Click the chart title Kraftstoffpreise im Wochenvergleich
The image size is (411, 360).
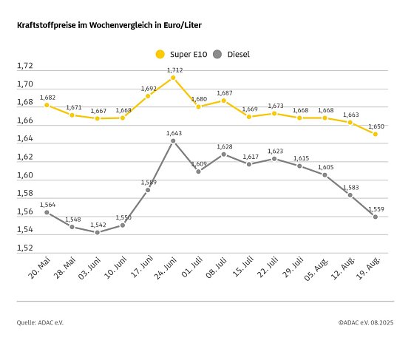(109, 25)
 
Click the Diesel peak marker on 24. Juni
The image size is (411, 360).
(173, 141)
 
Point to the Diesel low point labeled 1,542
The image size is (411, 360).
(97, 232)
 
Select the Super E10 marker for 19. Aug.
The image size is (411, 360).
(376, 134)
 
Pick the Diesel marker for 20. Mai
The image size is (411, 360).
(47, 212)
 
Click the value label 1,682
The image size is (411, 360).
(47, 97)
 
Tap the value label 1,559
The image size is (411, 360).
(376, 208)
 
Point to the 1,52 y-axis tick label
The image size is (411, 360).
(24, 248)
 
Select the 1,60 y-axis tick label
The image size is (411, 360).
(24, 176)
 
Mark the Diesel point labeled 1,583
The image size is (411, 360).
(350, 195)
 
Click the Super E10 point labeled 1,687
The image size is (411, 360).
(223, 101)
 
